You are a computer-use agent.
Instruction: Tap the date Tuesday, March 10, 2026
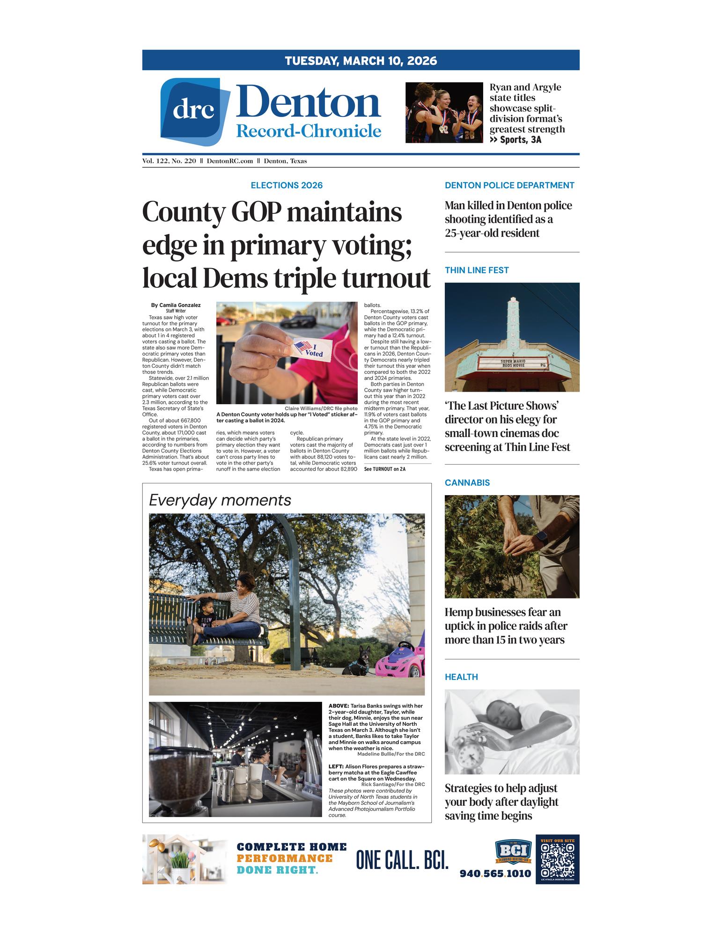(361, 60)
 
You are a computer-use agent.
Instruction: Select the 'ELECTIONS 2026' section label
(287, 185)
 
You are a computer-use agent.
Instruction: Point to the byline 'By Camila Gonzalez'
(176, 305)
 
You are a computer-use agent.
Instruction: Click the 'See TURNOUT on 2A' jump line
(384, 468)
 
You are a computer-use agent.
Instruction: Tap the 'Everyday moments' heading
(220, 500)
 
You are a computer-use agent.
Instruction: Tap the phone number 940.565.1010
(495, 873)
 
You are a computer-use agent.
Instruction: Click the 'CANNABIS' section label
(467, 482)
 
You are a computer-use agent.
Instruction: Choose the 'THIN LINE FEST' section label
(476, 270)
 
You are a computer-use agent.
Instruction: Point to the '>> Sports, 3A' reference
(515, 139)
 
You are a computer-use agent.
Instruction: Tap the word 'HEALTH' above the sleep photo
(461, 677)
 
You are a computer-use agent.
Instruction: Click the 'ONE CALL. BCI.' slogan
(402, 860)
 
